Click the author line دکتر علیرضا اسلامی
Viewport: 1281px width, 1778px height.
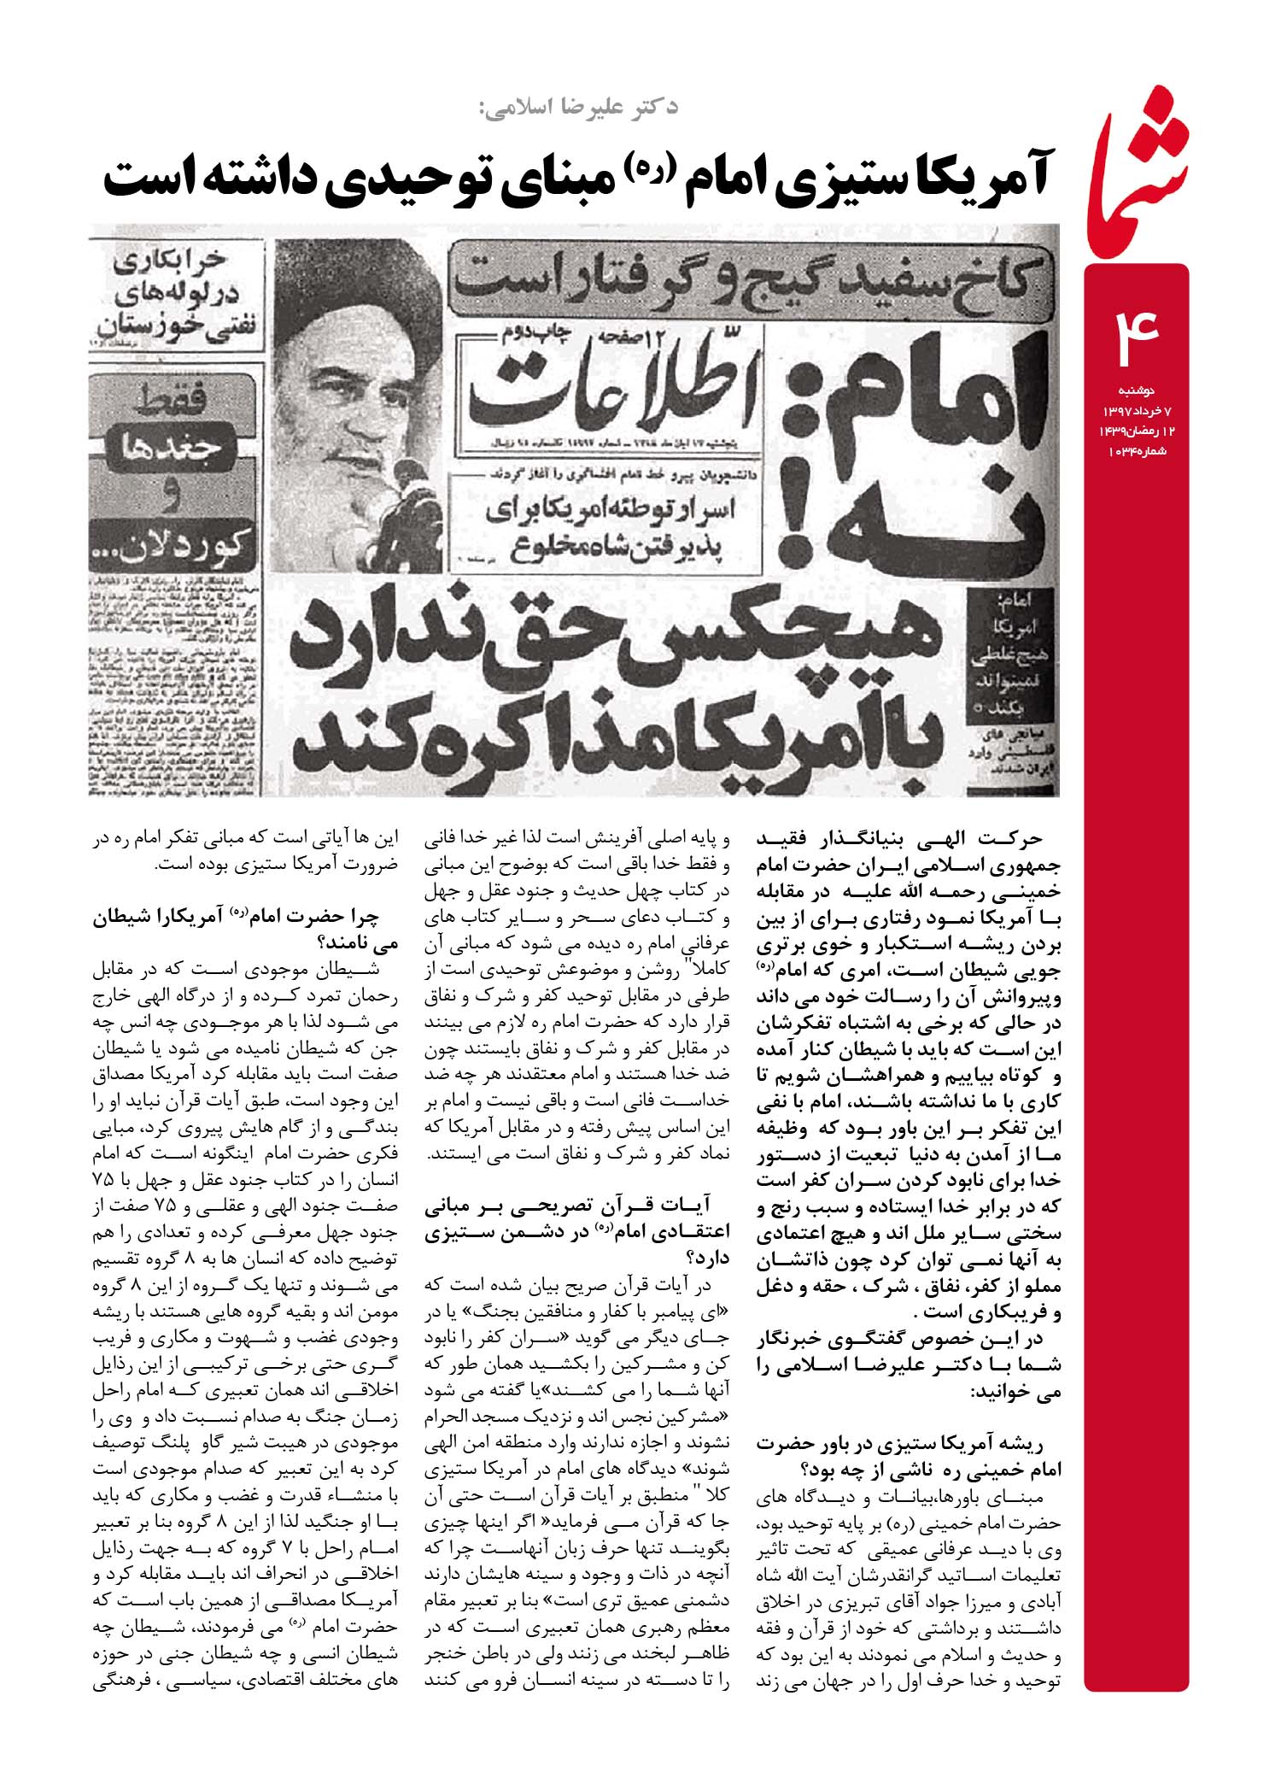(x=577, y=108)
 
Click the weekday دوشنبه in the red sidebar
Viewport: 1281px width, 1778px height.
(x=1137, y=390)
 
